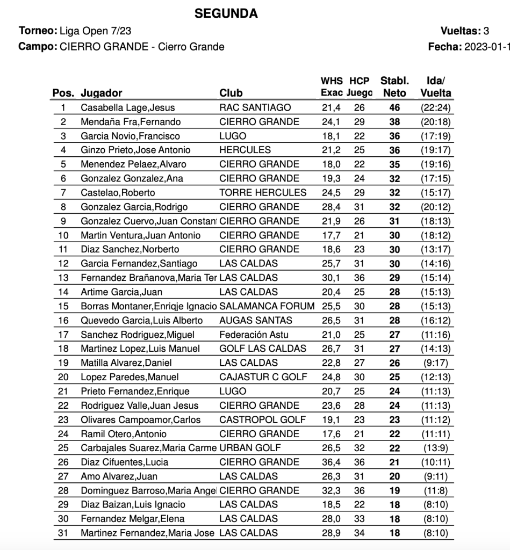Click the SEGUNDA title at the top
(x=226, y=13)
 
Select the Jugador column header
(x=102, y=93)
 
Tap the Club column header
(x=231, y=93)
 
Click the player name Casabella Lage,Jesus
(x=127, y=107)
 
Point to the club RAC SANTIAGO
(x=255, y=107)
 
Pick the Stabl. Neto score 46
(x=394, y=107)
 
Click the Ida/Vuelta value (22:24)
(x=435, y=107)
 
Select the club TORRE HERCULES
(x=263, y=192)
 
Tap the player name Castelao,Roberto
(x=118, y=192)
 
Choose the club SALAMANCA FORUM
(x=267, y=306)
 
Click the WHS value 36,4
(x=331, y=462)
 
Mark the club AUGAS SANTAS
(x=256, y=320)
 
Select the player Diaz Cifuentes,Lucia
(x=124, y=462)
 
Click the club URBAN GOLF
(x=250, y=448)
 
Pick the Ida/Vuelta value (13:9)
(x=435, y=448)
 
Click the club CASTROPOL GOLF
(x=262, y=419)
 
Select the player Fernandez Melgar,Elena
(x=132, y=519)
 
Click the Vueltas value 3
(x=486, y=31)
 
